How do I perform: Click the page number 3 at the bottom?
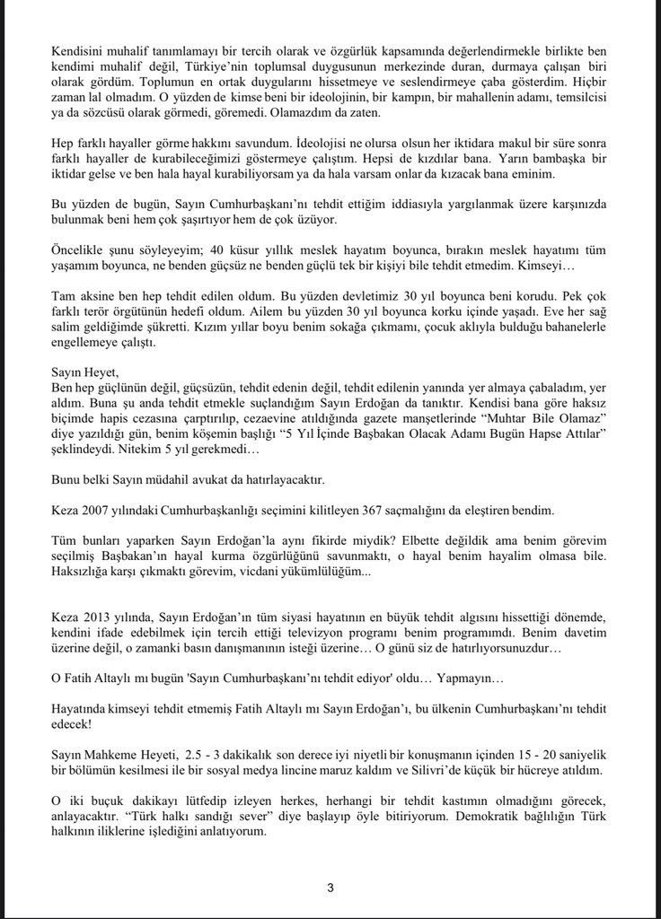[x=330, y=888]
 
